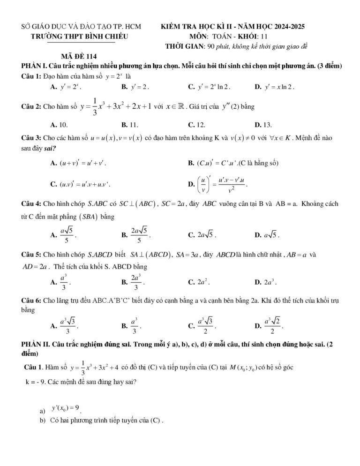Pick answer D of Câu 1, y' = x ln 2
pos(274,87)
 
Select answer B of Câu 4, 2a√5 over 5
pos(136,234)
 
